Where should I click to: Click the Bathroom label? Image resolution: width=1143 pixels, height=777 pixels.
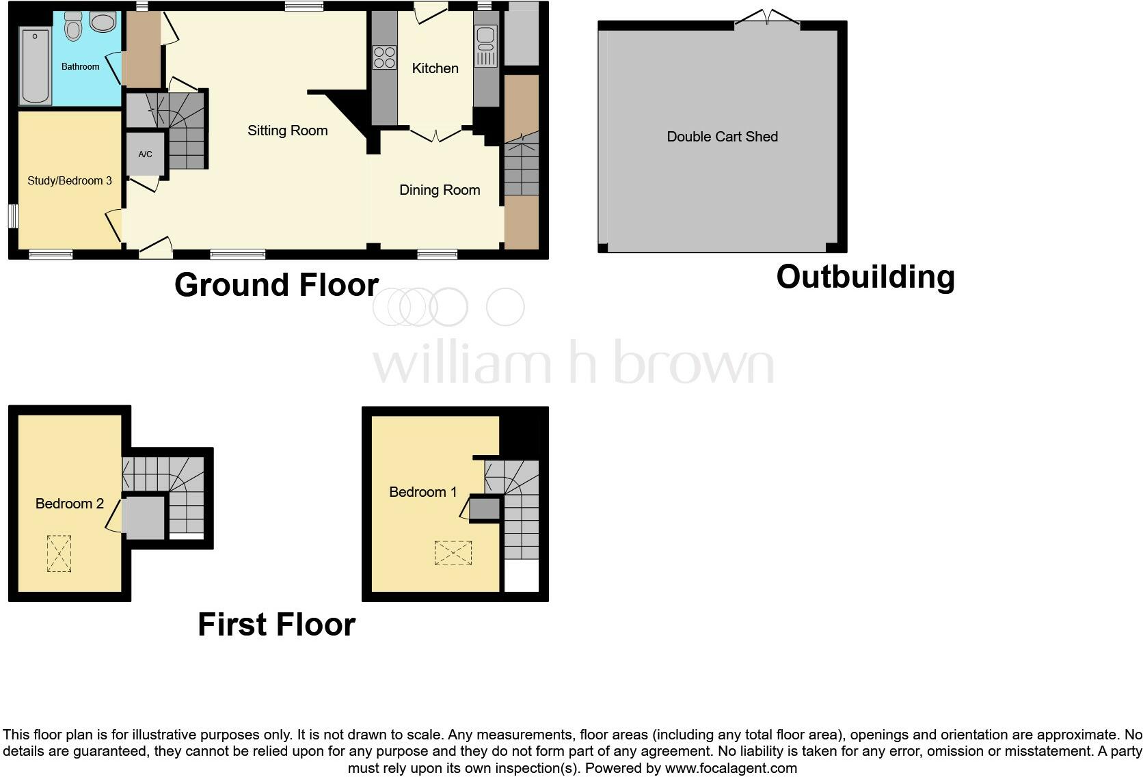80,66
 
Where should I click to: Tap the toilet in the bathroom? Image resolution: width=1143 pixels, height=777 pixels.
73,27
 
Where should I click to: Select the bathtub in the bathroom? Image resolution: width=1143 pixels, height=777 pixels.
35,66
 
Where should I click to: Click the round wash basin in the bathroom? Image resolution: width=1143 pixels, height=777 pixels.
103,23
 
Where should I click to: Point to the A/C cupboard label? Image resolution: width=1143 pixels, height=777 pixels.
145,154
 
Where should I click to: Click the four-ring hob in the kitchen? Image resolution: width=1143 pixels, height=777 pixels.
384,57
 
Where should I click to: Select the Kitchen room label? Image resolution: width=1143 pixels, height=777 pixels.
435,68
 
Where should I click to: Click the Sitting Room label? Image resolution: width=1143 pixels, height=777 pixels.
287,131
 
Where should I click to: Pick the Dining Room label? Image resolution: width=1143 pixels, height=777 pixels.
440,190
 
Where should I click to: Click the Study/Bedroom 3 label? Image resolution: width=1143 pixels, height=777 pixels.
69,180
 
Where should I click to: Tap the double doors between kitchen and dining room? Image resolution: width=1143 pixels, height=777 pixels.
435,135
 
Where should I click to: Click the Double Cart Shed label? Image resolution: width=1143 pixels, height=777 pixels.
722,137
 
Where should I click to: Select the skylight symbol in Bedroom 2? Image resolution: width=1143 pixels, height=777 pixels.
59,554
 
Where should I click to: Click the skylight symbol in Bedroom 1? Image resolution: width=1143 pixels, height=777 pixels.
453,553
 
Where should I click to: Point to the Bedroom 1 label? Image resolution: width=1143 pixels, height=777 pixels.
422,492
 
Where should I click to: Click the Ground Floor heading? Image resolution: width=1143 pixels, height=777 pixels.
276,285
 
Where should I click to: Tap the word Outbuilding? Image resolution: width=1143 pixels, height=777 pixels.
865,277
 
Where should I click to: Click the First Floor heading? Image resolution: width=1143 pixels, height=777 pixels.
276,625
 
